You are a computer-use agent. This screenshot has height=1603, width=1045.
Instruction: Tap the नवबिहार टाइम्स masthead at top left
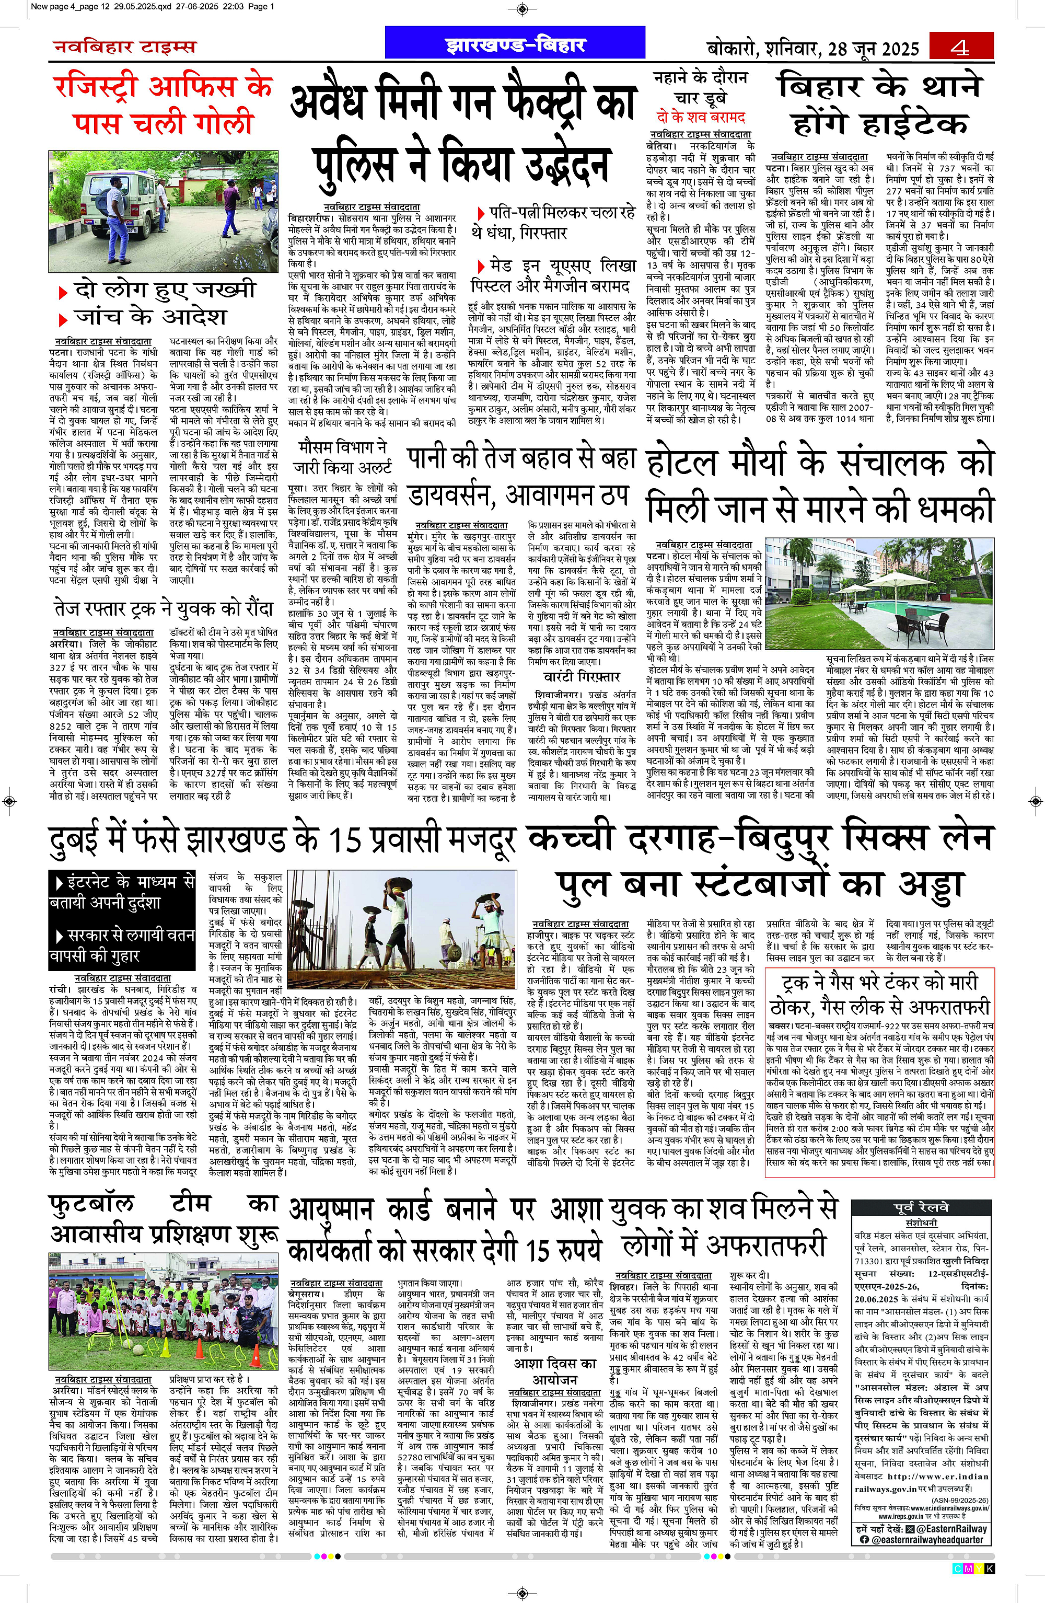[x=124, y=47]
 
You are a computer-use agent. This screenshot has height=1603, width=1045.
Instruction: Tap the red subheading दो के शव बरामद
[x=701, y=117]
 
